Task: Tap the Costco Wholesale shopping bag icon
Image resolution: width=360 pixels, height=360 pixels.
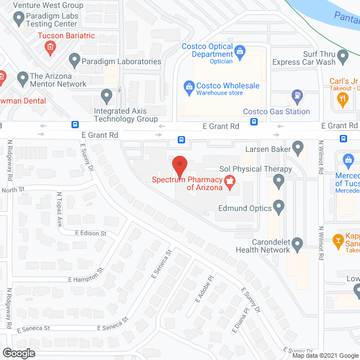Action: [x=189, y=87]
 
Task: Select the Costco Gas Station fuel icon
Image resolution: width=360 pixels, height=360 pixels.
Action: [x=298, y=97]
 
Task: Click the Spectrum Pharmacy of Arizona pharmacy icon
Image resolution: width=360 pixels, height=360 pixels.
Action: [x=229, y=181]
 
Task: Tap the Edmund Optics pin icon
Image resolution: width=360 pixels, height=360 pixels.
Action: [x=278, y=208]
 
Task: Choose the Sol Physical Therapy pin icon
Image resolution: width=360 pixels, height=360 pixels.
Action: [x=278, y=181]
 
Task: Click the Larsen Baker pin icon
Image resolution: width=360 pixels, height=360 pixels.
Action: [x=299, y=149]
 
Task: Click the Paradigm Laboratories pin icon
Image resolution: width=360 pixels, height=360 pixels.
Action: [x=75, y=60]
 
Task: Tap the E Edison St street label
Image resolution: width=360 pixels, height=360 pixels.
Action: [x=91, y=233]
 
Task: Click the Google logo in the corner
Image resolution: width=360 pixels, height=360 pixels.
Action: [x=18, y=353]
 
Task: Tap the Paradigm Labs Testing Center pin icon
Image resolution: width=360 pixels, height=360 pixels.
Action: [x=19, y=20]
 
